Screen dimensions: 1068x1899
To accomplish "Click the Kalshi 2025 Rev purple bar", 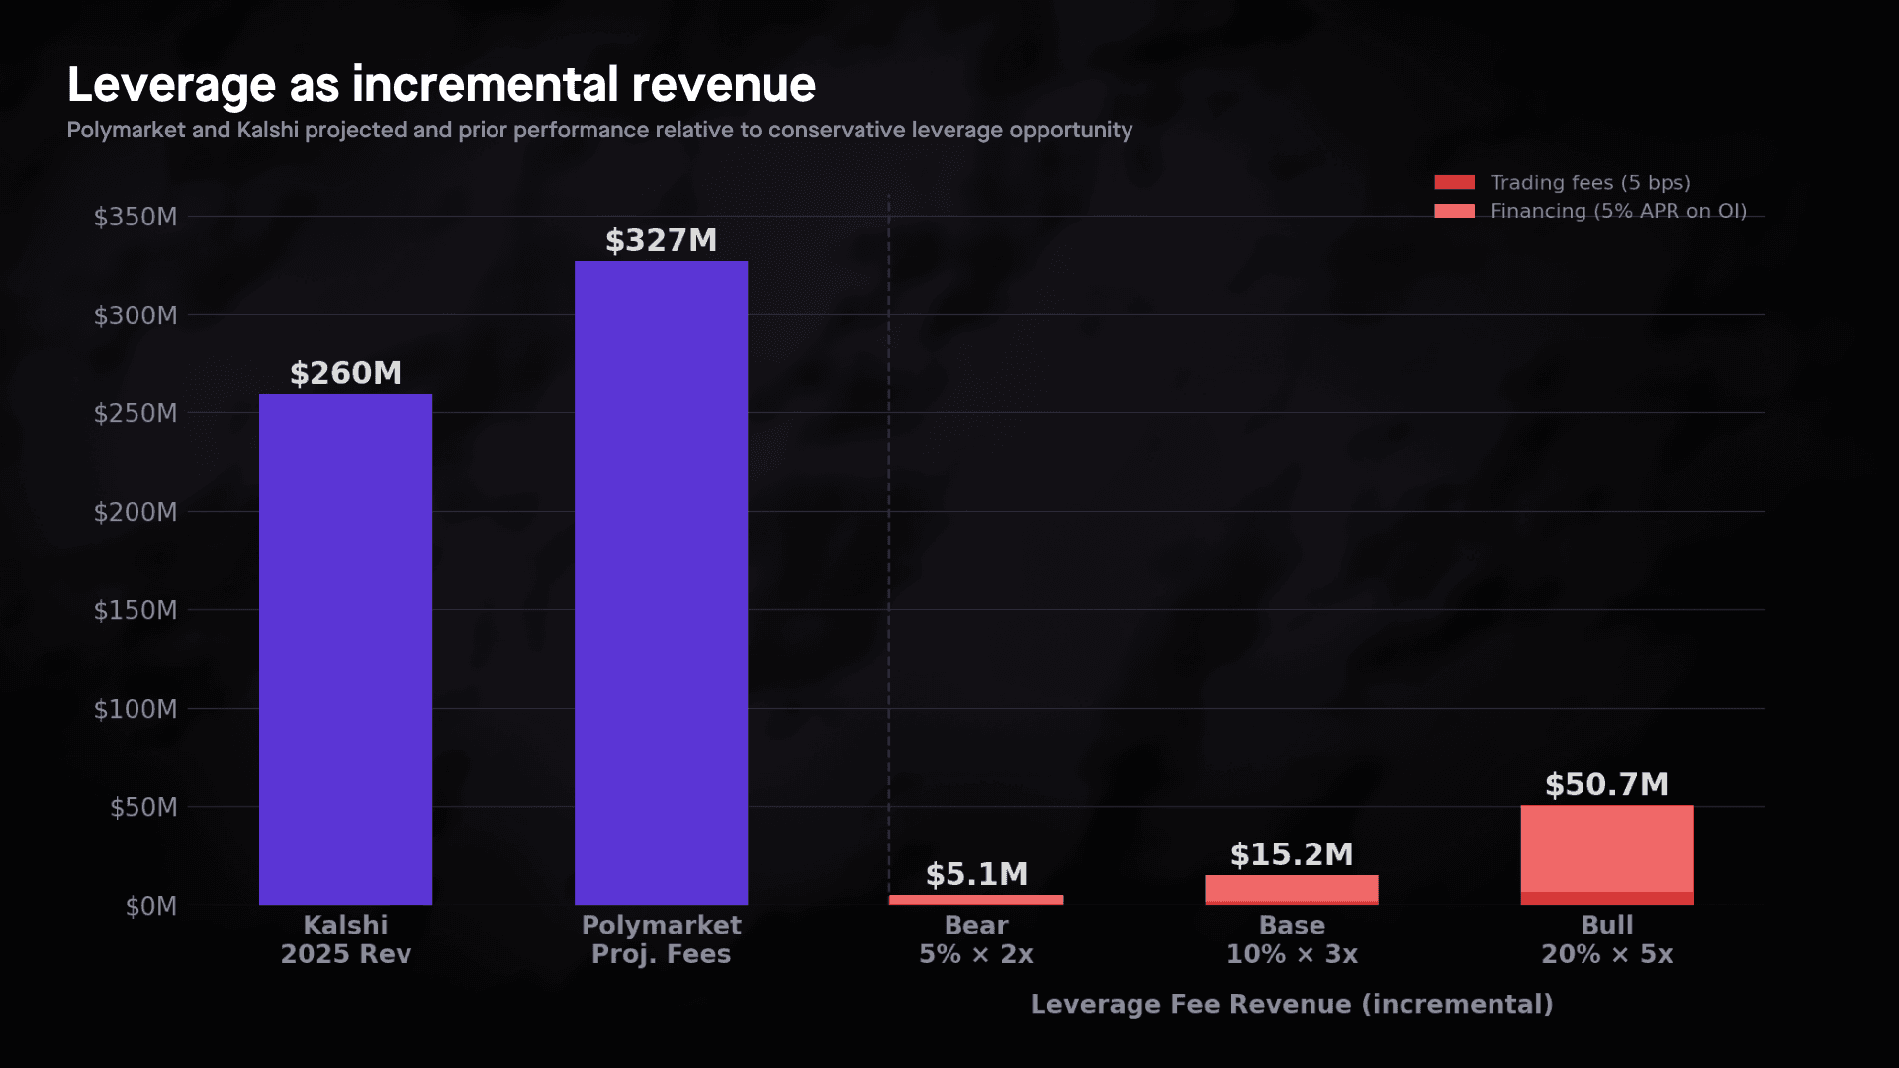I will pos(345,649).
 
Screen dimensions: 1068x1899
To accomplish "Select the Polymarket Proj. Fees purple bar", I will pos(661,582).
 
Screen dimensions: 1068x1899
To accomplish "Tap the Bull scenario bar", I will pos(1606,850).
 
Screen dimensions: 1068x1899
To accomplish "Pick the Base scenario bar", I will pos(1291,888).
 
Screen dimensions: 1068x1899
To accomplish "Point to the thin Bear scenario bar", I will pos(976,900).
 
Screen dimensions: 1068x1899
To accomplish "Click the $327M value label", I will pos(661,240).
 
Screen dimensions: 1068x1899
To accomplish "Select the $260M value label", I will pos(345,373).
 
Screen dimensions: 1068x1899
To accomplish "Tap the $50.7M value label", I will pos(1606,784).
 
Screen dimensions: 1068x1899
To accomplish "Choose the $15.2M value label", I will pos(1291,854).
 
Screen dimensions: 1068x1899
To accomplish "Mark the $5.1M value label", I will pos(976,874).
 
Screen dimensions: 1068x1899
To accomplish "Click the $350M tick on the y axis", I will pos(136,217).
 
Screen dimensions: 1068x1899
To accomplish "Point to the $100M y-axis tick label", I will pos(136,709).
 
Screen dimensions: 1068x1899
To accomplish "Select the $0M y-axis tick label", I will pos(150,906).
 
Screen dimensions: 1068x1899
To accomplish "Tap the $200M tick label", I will pos(136,512).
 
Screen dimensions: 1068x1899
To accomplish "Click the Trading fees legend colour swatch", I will pos(1454,182).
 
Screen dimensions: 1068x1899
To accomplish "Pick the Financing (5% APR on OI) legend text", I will pos(1618,211).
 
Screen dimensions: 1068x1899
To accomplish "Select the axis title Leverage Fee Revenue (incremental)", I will pos(1291,1004).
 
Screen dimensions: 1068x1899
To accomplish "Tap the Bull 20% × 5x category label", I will pos(1606,939).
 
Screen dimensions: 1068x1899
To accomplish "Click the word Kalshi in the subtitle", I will pos(267,131).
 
